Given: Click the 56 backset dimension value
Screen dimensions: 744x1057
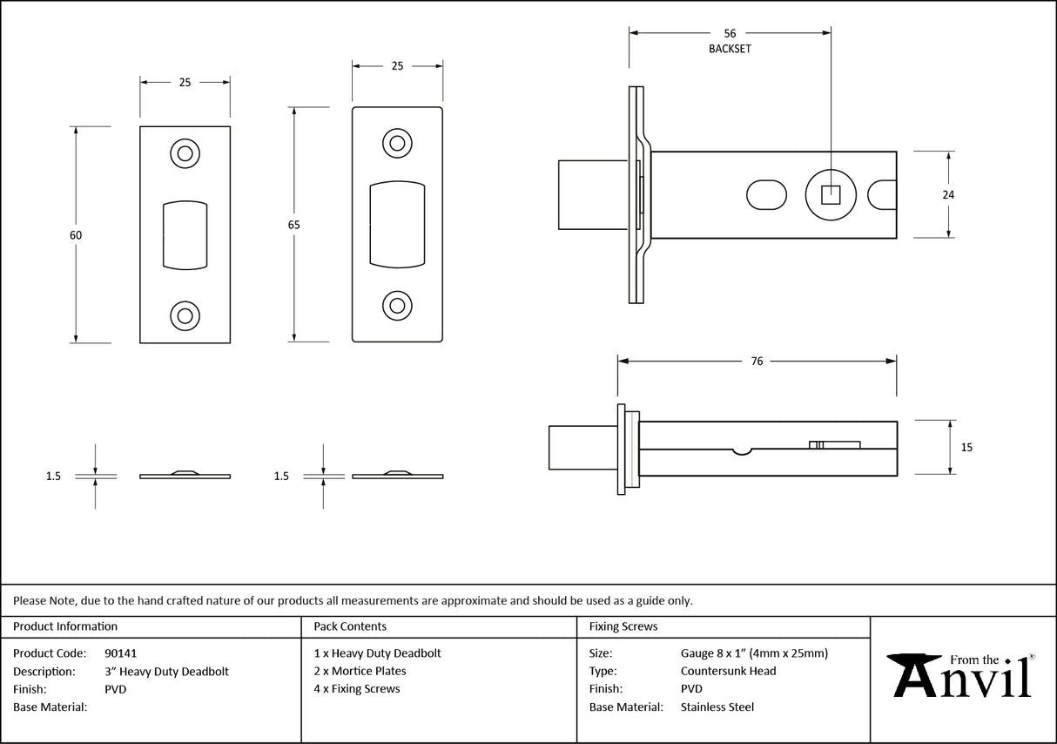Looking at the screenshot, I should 730,33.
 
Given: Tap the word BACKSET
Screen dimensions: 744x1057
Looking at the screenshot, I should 730,49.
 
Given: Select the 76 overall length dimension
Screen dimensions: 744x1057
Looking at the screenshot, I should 757,361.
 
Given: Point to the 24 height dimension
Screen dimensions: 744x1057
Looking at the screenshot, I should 948,194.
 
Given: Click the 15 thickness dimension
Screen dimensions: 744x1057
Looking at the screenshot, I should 966,447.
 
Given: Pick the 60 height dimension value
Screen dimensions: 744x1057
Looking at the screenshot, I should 76,235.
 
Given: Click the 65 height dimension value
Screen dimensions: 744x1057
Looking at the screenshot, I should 293,225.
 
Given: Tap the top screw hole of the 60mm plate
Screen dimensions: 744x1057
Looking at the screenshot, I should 185,154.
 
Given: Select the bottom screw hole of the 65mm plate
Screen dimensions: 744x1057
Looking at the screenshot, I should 397,305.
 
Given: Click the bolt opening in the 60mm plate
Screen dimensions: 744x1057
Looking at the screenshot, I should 185,234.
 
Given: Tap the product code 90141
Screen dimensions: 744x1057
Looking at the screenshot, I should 120,653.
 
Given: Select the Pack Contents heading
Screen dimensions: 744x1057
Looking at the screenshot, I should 350,626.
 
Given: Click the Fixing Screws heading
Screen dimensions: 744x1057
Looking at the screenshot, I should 623,626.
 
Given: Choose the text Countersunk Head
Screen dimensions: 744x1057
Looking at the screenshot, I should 728,671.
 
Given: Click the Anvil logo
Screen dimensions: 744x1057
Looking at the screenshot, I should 960,675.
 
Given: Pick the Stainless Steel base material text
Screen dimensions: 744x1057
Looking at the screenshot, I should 717,707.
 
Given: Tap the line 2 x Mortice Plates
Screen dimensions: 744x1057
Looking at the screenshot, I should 360,671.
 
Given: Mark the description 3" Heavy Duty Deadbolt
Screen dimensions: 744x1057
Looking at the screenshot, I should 166,671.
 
